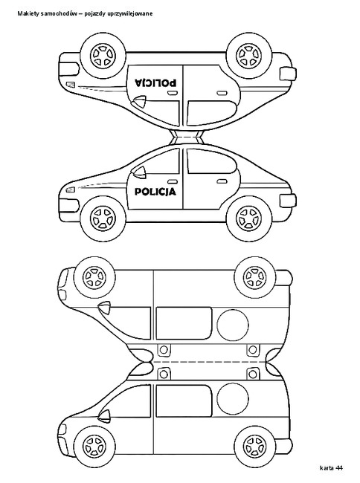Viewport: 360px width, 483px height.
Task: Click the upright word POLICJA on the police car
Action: pos(155,192)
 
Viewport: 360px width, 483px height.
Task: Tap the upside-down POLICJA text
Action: pos(155,82)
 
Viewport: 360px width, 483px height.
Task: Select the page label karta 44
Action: pos(331,468)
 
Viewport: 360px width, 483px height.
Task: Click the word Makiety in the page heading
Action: pos(26,13)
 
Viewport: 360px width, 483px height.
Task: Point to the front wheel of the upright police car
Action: pos(103,218)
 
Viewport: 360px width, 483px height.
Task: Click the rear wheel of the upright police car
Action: pos(249,218)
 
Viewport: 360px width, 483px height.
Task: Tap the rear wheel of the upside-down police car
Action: pos(249,56)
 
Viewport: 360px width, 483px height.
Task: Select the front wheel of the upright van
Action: pos(95,447)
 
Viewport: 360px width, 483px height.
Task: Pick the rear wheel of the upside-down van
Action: pos(254,278)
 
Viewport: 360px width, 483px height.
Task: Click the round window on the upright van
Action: pos(233,399)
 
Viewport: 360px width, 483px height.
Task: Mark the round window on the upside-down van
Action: pos(233,325)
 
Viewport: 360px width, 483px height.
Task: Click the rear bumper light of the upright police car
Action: pos(288,201)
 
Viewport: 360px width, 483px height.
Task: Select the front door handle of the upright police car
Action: pos(173,181)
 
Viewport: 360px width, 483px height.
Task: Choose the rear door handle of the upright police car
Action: pos(222,181)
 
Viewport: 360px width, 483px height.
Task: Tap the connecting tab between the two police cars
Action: pos(187,137)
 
